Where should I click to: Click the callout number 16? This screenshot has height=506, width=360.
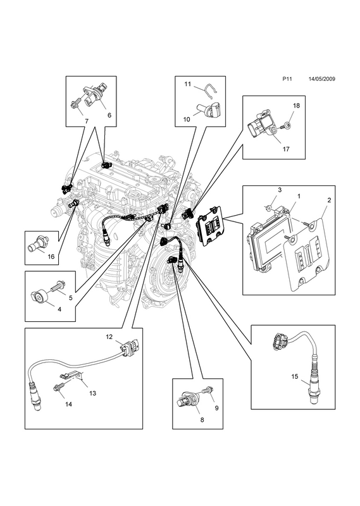pyautogui.click(x=51, y=257)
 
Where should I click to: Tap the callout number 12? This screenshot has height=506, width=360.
pyautogui.click(x=109, y=337)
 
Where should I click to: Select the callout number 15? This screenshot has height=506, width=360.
pyautogui.click(x=295, y=376)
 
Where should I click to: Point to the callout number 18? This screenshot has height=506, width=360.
pyautogui.click(x=296, y=106)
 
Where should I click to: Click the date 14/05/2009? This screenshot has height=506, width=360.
pyautogui.click(x=321, y=78)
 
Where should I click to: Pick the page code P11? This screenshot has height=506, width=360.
pyautogui.click(x=287, y=78)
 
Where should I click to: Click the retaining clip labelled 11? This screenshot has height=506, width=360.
pyautogui.click(x=210, y=93)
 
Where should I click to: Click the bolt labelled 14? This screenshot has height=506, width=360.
pyautogui.click(x=59, y=386)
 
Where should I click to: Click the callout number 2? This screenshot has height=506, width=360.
pyautogui.click(x=329, y=200)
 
